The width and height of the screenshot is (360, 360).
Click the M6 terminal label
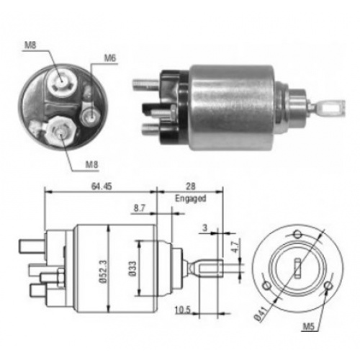point(110,58)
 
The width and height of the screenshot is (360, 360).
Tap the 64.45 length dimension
point(102,186)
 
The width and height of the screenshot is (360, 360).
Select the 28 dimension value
point(190,186)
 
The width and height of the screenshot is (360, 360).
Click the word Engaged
point(191,199)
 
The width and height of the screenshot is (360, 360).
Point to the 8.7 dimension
point(140,208)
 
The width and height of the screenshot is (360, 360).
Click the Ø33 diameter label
point(132,269)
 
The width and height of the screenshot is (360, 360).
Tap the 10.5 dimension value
point(183,310)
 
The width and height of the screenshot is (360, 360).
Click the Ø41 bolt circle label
point(261,313)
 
